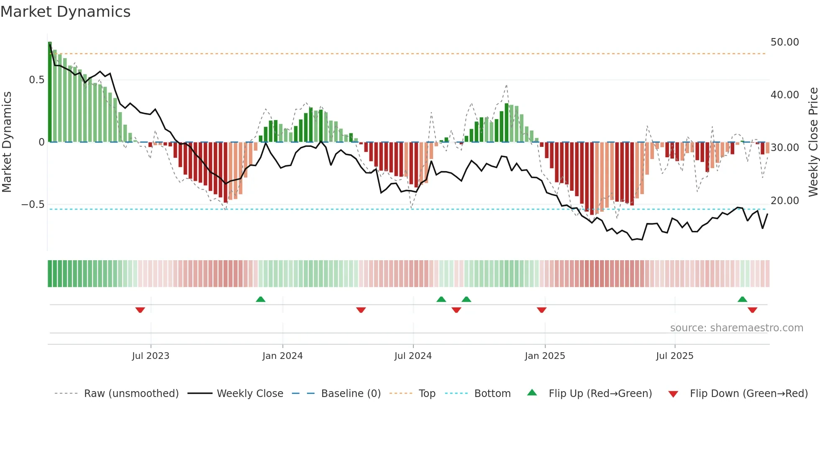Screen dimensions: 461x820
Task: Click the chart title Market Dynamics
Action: [x=65, y=12]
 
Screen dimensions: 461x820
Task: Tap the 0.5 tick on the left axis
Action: [x=36, y=80]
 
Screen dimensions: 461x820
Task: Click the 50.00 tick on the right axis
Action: [x=784, y=42]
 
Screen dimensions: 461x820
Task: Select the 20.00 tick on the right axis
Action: [x=784, y=201]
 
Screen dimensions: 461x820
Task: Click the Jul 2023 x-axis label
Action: [x=151, y=356]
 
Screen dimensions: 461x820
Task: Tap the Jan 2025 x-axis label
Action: [x=545, y=356]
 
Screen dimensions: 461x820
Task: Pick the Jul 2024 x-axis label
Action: [x=413, y=356]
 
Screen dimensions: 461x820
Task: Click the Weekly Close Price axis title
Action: [x=813, y=142]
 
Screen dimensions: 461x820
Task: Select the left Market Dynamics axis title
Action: [x=7, y=142]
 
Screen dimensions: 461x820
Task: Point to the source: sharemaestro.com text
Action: [x=736, y=328]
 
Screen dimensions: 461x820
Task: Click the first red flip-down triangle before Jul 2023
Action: [x=140, y=310]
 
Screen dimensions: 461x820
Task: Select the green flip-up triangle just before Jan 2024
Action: [x=261, y=299]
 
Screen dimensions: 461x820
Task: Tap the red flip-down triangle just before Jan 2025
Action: [x=541, y=310]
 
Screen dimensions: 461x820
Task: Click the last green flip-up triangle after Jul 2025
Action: [x=742, y=299]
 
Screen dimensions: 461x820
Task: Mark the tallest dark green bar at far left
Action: [x=50, y=92]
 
